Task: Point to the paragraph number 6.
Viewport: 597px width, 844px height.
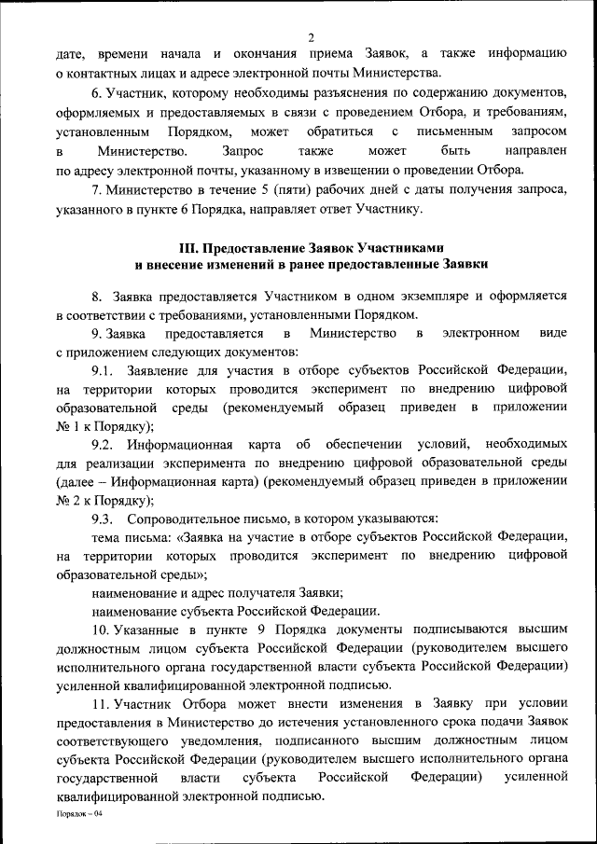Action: coord(96,96)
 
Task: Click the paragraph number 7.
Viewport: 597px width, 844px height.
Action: coord(96,191)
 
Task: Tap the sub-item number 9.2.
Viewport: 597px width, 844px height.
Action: coord(102,445)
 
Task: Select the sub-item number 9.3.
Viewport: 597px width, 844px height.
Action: coord(102,519)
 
